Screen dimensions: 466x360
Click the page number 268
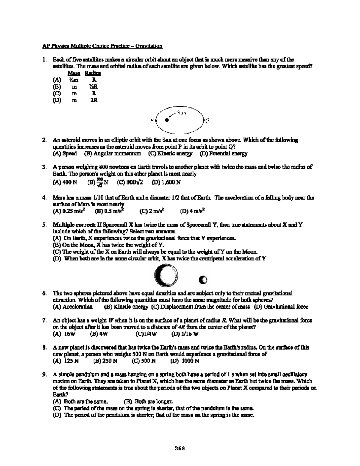180,449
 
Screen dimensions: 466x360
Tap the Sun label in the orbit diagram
181,113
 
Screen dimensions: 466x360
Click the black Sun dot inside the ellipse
167,120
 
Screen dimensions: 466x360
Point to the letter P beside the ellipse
152,121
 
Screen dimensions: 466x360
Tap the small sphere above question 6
203,280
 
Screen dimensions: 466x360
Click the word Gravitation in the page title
149,46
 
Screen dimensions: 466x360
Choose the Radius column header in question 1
93,73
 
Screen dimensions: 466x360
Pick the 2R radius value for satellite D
94,100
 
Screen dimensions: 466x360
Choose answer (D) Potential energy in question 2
223,154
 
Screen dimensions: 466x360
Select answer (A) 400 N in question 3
65,182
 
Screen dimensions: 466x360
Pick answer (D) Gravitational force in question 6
281,307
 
